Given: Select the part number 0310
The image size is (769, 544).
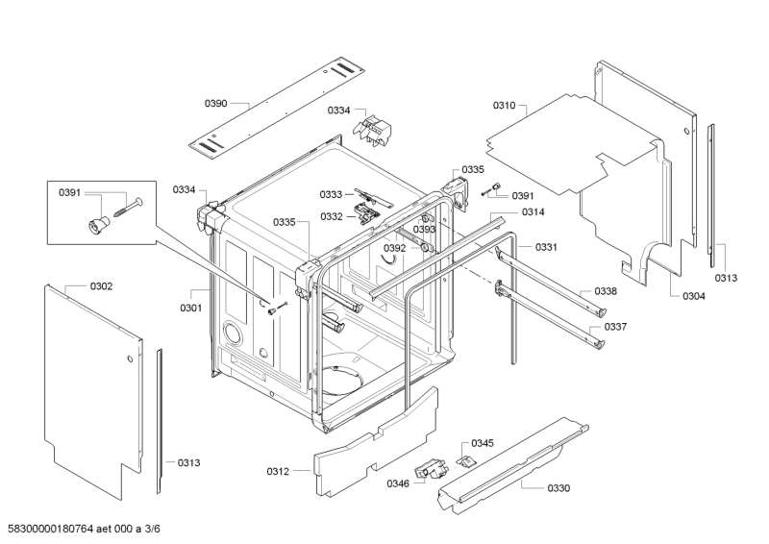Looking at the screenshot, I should tap(505, 105).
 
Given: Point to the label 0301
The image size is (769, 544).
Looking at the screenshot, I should tap(190, 308).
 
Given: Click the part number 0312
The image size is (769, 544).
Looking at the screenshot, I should tap(278, 471).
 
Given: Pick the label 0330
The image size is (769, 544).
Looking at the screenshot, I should tap(558, 488).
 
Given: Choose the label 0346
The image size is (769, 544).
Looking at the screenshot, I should tap(398, 482).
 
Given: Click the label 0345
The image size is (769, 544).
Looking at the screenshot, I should tap(483, 443).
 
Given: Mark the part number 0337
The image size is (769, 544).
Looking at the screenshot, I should tap(615, 327).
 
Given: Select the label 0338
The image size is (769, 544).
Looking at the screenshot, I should tap(606, 290).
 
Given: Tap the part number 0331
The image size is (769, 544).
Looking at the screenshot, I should tap(547, 247).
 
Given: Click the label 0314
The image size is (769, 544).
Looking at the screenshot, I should tap(533, 211).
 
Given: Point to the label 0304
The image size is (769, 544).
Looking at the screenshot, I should tap(694, 295).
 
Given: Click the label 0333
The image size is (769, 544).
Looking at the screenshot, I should tap(332, 194).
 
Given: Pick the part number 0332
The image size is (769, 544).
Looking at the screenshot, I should tap(332, 216).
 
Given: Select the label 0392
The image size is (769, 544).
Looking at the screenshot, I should tap(395, 248).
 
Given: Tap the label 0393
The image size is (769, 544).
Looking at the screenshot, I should tap(425, 230).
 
